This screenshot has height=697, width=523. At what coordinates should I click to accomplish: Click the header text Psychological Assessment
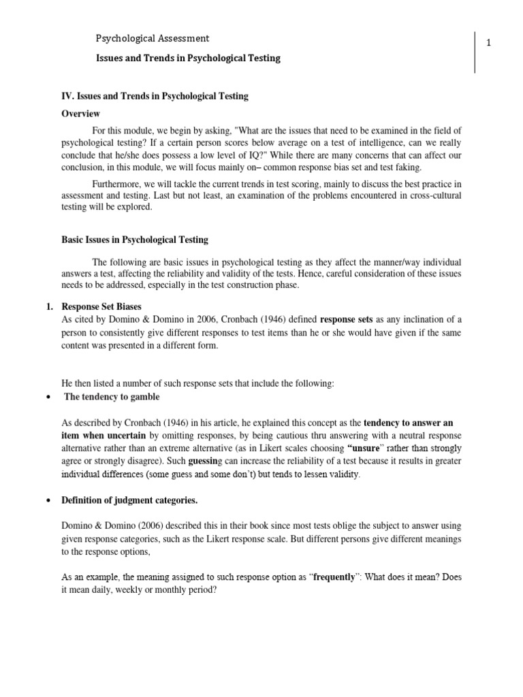pyautogui.click(x=152, y=39)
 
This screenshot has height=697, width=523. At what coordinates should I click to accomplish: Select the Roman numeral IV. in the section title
pyautogui.click(x=68, y=96)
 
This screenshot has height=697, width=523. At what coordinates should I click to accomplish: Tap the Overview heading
pyautogui.click(x=80, y=114)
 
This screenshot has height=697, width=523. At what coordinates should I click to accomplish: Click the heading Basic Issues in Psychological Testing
pyautogui.click(x=135, y=240)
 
